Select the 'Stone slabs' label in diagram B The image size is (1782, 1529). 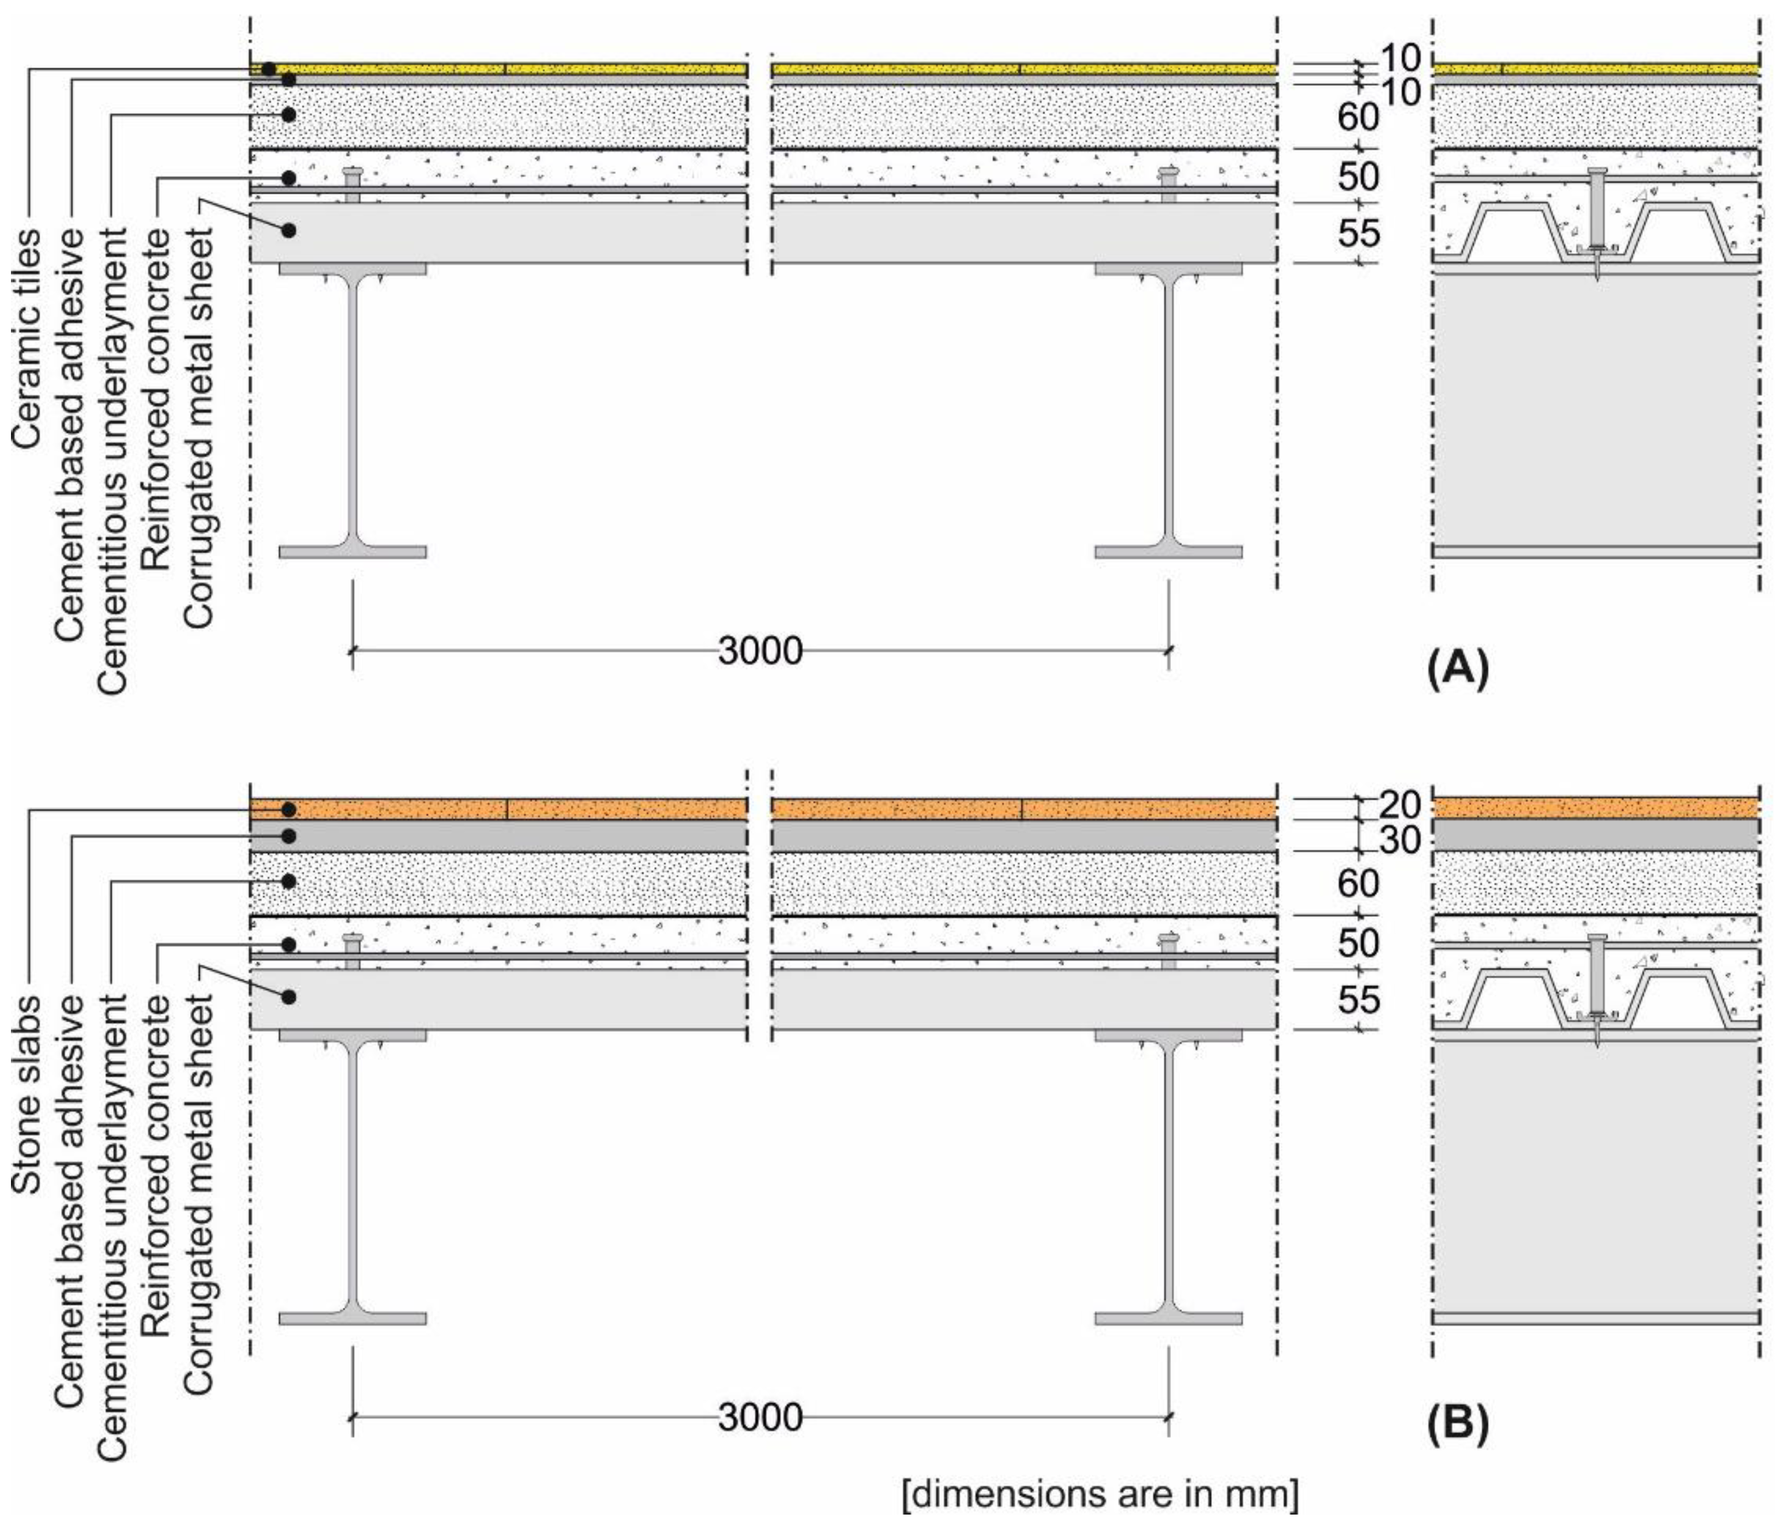click(x=26, y=1094)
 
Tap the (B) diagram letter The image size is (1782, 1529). click(x=1457, y=1423)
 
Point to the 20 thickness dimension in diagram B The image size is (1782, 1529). click(x=1400, y=805)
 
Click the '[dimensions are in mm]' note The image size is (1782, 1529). click(x=1100, y=1494)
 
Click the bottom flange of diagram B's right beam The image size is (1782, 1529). click(x=1168, y=1318)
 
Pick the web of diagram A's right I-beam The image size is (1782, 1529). click(x=1168, y=404)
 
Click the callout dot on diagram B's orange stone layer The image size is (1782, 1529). click(x=290, y=810)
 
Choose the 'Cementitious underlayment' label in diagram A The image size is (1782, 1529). click(x=112, y=460)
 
